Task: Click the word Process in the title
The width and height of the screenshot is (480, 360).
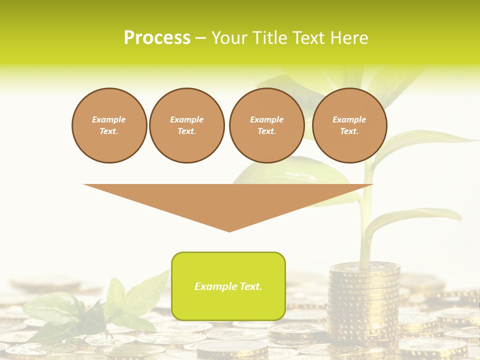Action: [x=156, y=38]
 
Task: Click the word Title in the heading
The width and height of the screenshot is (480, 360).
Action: [x=269, y=38]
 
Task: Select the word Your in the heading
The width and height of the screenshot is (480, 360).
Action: [x=230, y=38]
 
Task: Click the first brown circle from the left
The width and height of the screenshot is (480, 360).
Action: [x=109, y=125]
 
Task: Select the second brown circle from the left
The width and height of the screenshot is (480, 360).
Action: [x=186, y=125]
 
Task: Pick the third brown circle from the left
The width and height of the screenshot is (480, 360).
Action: [x=266, y=125]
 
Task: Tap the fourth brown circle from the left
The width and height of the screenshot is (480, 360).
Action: [x=349, y=125]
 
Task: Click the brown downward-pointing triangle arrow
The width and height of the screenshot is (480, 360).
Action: [x=228, y=200]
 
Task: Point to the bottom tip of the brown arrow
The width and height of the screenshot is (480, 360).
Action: [x=229, y=230]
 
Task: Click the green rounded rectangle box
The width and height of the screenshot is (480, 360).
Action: [x=228, y=300]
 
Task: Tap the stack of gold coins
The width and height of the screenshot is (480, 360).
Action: [x=363, y=300]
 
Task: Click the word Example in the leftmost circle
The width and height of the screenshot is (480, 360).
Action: [x=109, y=119]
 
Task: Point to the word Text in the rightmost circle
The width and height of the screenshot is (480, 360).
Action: [x=349, y=131]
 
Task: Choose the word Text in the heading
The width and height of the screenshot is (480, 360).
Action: [x=309, y=38]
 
